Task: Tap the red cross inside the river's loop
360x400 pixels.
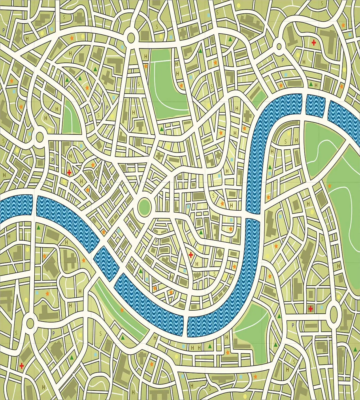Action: (x=190, y=255)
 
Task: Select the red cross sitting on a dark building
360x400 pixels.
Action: (x=310, y=309)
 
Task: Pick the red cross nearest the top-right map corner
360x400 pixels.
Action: (x=314, y=42)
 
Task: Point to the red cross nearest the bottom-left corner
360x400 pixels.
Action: (x=22, y=365)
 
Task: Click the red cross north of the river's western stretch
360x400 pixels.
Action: (x=69, y=173)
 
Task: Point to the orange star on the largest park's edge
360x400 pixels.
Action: (x=329, y=186)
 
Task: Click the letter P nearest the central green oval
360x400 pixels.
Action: (x=157, y=241)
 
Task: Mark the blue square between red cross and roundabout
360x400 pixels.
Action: (x=322, y=307)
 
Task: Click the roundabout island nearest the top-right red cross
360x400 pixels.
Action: (x=279, y=46)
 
